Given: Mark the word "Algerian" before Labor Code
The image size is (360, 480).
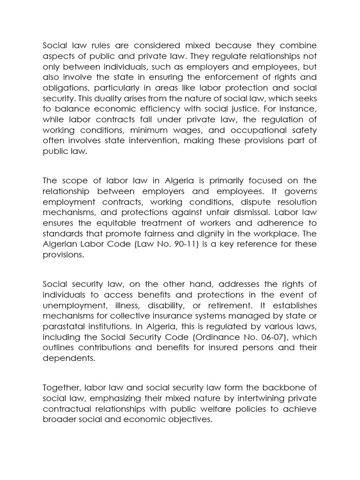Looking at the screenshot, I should (60, 244).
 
